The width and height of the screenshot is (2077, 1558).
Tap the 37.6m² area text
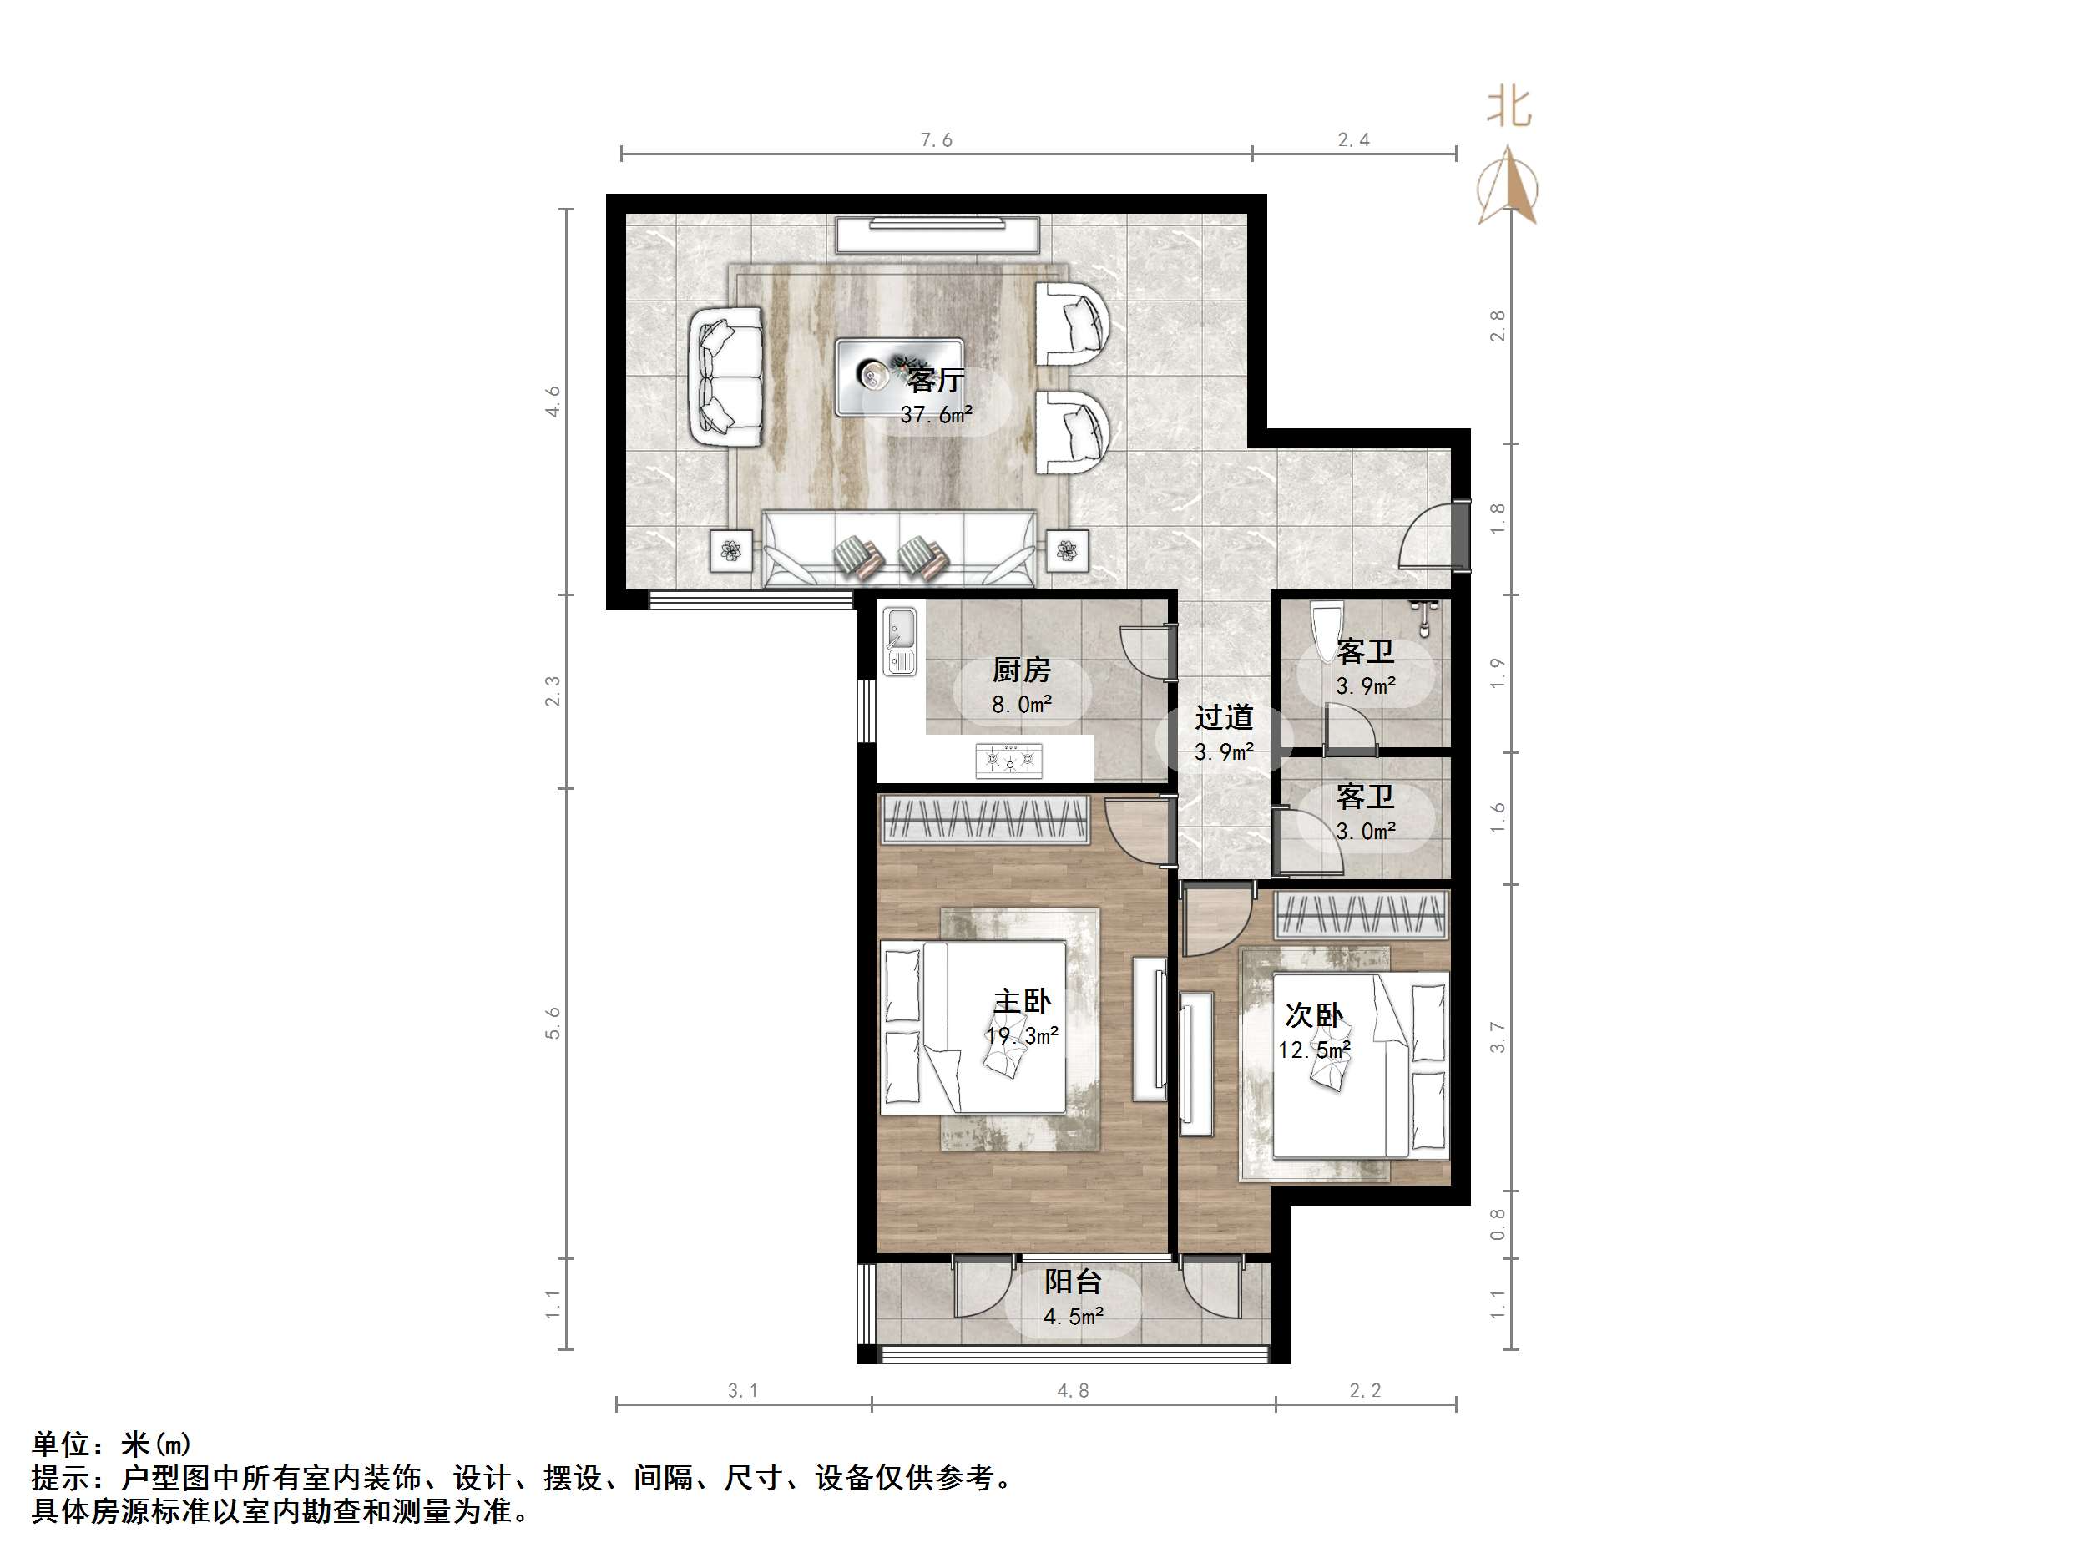pos(935,414)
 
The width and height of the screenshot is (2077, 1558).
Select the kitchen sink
pos(900,641)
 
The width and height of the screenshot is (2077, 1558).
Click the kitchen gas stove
pos(1008,759)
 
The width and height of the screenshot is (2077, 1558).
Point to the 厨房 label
pos(1021,670)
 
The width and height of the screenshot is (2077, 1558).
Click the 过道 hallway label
pos(1224,717)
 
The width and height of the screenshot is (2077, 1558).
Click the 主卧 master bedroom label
pos(1022,1001)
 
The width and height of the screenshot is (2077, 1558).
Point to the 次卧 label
pos(1312,1015)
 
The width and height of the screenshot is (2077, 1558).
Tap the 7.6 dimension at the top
pos(935,141)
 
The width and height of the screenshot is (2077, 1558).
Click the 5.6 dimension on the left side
pos(553,1023)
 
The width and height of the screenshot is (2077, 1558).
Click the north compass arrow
pos(1507,186)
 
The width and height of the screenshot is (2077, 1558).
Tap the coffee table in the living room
pos(898,376)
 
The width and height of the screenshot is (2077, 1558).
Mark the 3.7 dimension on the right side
pos(1497,1038)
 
